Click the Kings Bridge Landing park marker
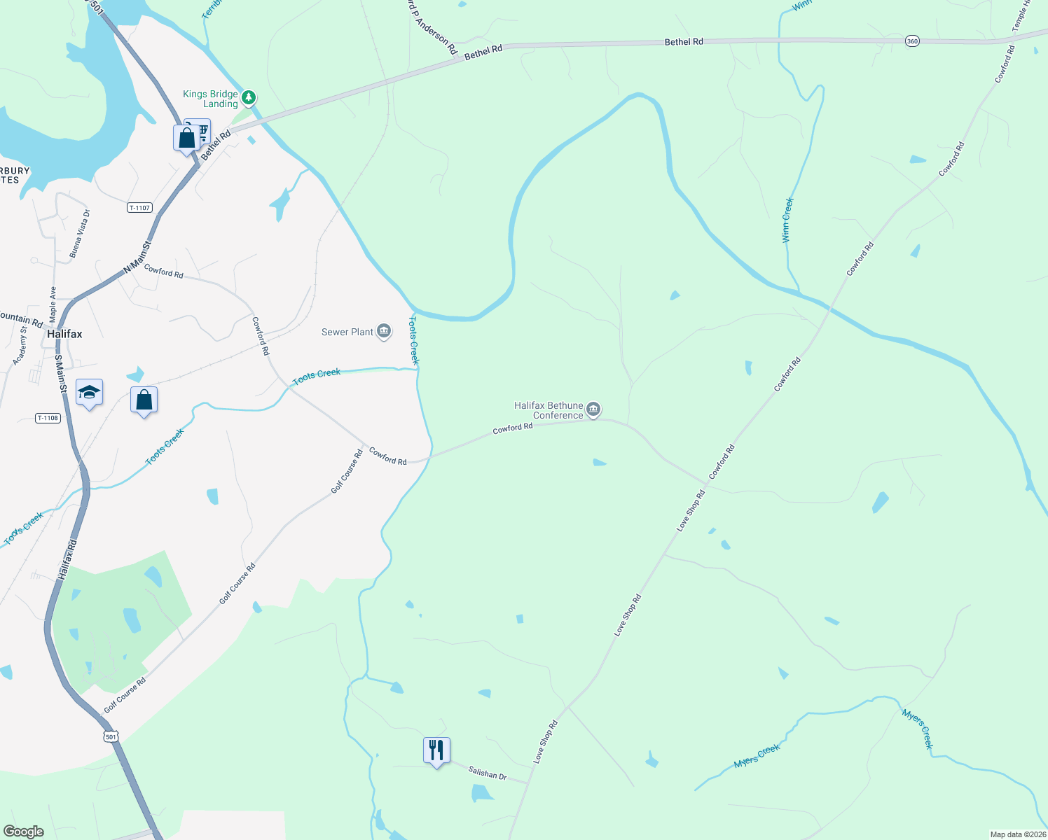click(249, 97)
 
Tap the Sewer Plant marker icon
click(383, 331)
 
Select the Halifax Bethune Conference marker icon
click(593, 409)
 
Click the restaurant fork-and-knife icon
click(436, 750)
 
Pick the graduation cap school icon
click(89, 393)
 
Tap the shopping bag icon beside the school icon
click(144, 400)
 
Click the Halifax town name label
click(64, 334)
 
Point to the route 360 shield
click(912, 41)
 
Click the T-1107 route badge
click(139, 208)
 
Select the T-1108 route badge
click(48, 418)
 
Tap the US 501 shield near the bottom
click(111, 736)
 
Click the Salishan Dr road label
click(488, 773)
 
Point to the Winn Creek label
click(787, 220)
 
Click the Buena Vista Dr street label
click(79, 234)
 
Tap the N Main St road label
click(137, 258)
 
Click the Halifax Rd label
click(67, 559)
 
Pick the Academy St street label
click(20, 346)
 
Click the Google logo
click(24, 832)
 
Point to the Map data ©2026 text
click(1017, 834)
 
